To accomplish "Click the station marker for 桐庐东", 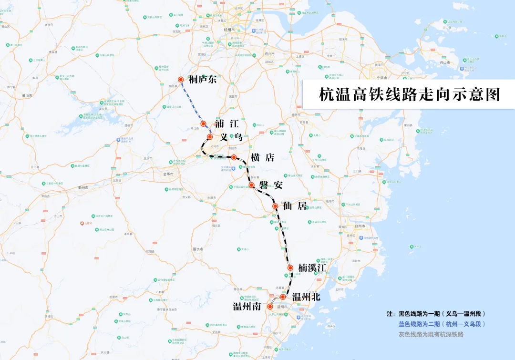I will pos(181,80).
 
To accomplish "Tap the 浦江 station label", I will pos(227,124).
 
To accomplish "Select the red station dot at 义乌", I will pos(210,137).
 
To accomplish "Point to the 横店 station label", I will pos(262,157).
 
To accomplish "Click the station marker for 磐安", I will pos(251,185).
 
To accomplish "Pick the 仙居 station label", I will pos(294,206).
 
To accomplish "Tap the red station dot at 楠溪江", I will pos(290,268).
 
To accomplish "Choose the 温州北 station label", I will pos(306,297).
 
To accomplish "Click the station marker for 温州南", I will pos(270,307).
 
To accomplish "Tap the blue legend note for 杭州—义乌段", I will pos(442,324).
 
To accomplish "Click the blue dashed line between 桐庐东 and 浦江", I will pos(192,101).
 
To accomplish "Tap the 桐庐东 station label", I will pos(202,80).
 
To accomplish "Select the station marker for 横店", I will pos(234,157).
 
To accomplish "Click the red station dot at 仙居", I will pos(275,206).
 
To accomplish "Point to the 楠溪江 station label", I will pos(312,268).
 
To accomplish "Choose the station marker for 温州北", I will pos(283,297).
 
